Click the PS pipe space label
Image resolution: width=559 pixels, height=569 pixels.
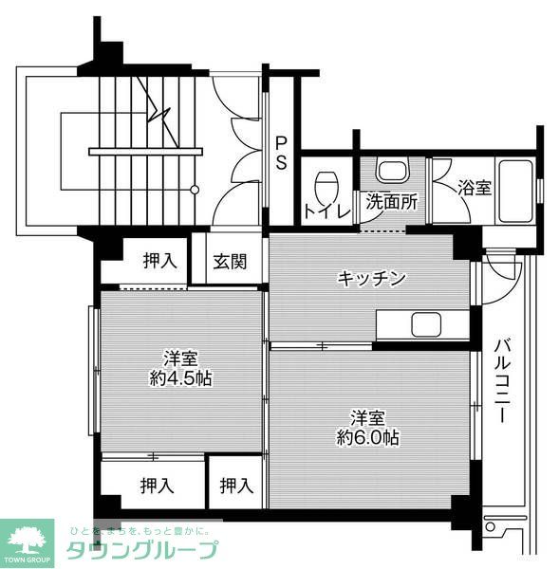tap(282, 154)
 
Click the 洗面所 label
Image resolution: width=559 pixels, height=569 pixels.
tap(392, 201)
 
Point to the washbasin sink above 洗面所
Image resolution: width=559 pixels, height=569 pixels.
tap(391, 172)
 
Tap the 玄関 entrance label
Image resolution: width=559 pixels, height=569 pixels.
tap(229, 261)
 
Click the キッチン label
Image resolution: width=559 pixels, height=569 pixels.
tap(372, 278)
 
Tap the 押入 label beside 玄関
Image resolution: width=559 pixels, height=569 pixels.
tap(160, 261)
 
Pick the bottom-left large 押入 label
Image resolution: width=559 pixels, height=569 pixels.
tap(158, 486)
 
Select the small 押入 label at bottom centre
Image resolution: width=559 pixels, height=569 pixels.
tap(237, 486)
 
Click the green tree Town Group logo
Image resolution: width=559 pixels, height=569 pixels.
tap(28, 541)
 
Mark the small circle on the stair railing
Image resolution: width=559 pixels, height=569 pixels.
tap(195, 190)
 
